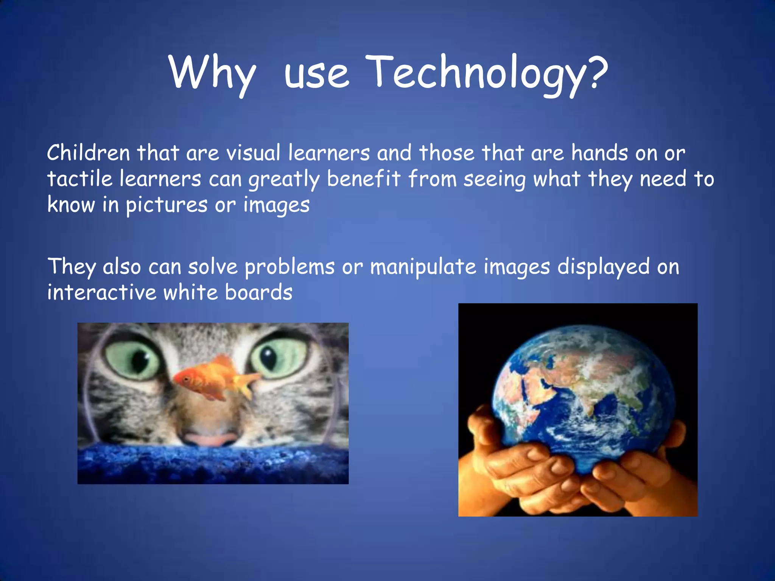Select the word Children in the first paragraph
[88, 153]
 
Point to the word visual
[253, 153]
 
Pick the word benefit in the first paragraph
[363, 179]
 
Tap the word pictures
[167, 205]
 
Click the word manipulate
[423, 267]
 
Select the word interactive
[101, 292]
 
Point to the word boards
[258, 292]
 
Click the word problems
[289, 267]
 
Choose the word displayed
[604, 267]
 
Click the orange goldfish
[208, 380]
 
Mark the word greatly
[284, 179]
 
